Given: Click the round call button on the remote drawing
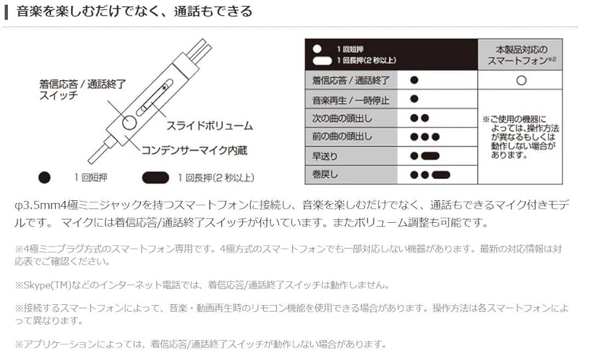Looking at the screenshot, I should pyautogui.click(x=129, y=122).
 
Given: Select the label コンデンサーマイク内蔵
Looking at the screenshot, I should pyautogui.click(x=194, y=150).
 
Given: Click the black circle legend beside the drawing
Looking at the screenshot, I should pyautogui.click(x=44, y=178).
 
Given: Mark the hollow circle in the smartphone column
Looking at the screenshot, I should pyautogui.click(x=521, y=80).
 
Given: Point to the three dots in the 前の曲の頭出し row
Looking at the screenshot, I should pyautogui.click(x=425, y=137).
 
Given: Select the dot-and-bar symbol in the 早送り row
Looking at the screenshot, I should pyautogui.click(x=425, y=156).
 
